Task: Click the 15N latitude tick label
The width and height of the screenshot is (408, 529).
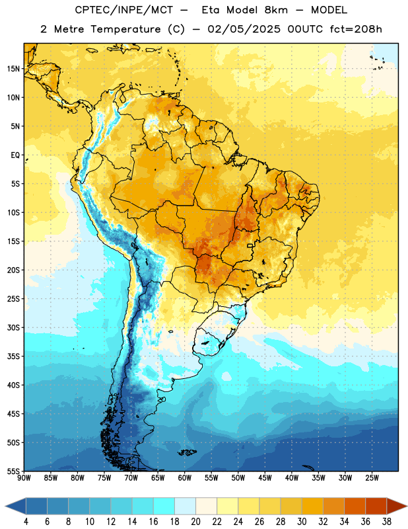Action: click(x=13, y=69)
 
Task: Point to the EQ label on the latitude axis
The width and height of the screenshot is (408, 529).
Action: click(x=15, y=155)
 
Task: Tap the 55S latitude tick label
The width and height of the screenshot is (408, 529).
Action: click(x=13, y=471)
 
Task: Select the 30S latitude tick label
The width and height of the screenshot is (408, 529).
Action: click(x=13, y=327)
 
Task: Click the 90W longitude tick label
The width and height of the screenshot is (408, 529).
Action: click(x=24, y=478)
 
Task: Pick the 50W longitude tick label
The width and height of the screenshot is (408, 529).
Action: click(x=238, y=478)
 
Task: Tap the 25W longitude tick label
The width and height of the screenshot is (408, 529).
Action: click(x=372, y=478)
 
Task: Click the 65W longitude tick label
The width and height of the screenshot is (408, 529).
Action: click(x=158, y=478)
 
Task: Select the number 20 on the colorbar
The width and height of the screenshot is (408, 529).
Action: click(x=195, y=522)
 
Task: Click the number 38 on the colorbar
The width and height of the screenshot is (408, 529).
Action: click(x=387, y=522)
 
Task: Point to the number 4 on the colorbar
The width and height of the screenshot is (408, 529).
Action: click(x=26, y=522)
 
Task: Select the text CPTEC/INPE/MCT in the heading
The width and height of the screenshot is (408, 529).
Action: click(x=124, y=10)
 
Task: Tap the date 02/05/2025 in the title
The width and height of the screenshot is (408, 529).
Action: click(x=244, y=29)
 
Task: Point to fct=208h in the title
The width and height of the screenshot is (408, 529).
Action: click(x=356, y=29)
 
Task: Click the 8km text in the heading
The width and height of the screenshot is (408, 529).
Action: click(x=276, y=10)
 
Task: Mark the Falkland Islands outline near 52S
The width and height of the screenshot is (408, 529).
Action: click(x=187, y=452)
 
